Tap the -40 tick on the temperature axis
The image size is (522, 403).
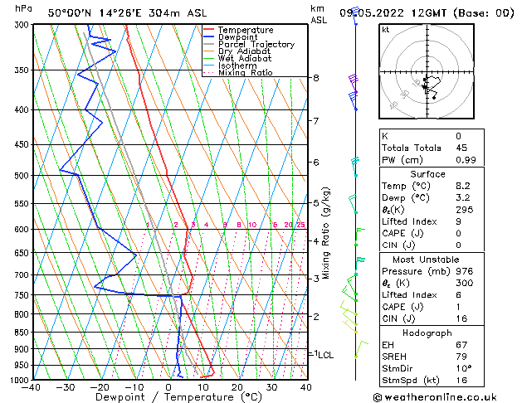[32, 387]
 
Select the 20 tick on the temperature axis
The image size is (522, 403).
[237, 387]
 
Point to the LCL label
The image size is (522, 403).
[325, 354]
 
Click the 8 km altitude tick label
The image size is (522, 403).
[315, 78]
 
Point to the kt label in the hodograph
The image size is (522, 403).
[385, 30]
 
